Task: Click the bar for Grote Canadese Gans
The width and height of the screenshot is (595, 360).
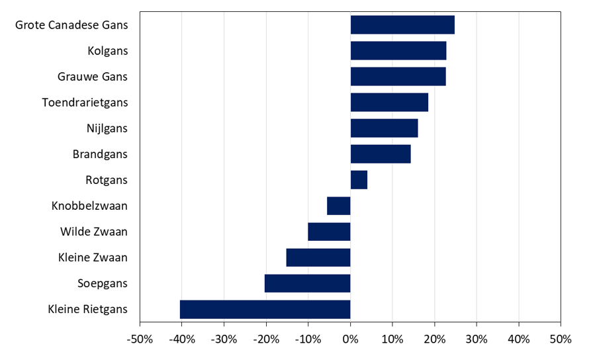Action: click(x=402, y=25)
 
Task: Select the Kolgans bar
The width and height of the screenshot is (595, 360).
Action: click(x=398, y=51)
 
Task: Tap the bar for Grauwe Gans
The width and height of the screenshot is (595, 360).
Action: click(x=398, y=77)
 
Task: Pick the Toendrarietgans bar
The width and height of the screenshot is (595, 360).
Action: click(x=389, y=103)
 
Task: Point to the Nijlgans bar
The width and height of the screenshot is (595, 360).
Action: click(x=384, y=128)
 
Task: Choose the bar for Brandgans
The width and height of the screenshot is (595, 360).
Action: click(x=381, y=154)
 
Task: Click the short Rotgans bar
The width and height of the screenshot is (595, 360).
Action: click(x=359, y=180)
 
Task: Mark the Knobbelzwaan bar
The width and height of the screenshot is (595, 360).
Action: click(x=339, y=206)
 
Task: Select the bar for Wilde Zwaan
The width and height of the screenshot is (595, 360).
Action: click(x=329, y=232)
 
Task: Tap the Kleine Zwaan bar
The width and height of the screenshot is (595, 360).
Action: click(x=318, y=257)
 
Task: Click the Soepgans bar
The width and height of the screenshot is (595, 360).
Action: click(x=307, y=283)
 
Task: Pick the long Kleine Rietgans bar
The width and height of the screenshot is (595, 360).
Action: click(x=265, y=309)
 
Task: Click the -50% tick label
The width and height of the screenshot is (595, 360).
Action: click(x=140, y=339)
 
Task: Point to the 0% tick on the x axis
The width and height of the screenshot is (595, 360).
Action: click(x=350, y=339)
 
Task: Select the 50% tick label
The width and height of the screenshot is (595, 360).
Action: click(x=560, y=339)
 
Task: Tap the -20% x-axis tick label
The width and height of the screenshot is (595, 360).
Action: click(x=266, y=339)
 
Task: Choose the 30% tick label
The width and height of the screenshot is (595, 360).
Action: click(x=476, y=339)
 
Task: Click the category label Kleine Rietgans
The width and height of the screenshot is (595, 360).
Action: click(x=87, y=309)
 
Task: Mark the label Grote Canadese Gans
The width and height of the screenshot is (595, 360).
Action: click(x=71, y=25)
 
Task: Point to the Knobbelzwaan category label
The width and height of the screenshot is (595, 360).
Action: click(x=89, y=206)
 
